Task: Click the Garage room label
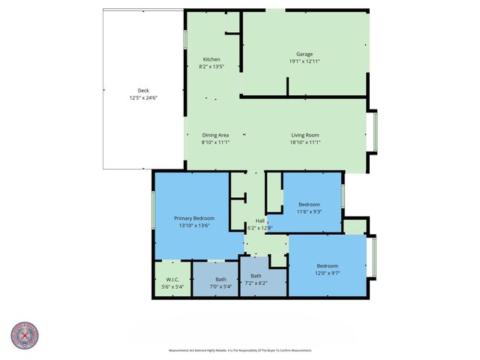(x=304, y=54)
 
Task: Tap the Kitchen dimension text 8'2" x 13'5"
(x=211, y=67)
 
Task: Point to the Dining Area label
(x=215, y=134)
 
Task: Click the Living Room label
(x=305, y=134)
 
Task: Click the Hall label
(x=260, y=220)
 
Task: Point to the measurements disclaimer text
(x=239, y=350)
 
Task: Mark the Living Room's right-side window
(x=375, y=131)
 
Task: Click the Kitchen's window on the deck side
(x=185, y=39)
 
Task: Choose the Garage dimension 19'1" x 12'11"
(x=304, y=61)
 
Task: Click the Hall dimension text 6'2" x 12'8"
(x=260, y=227)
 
